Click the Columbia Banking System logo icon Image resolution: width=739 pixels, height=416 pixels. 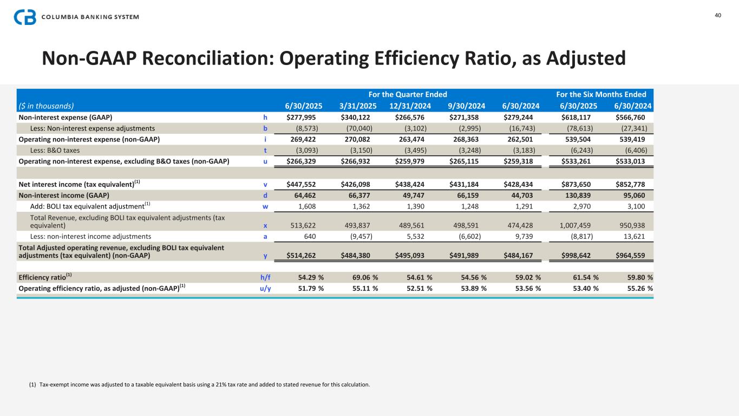tap(25, 17)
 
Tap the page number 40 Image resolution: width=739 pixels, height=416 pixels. tap(718, 15)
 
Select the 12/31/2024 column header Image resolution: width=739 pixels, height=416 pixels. tap(410, 106)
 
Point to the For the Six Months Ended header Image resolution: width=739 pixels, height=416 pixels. tap(601, 94)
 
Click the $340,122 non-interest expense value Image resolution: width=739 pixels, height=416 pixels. tap(359, 117)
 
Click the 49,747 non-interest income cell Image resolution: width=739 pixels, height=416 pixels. tap(418, 195)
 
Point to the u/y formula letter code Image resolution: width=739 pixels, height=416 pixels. tap(265, 288)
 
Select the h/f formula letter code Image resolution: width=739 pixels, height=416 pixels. tap(265, 277)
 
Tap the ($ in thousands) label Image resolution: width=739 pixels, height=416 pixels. tap(46, 106)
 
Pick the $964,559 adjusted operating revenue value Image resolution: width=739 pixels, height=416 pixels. tap(635, 255)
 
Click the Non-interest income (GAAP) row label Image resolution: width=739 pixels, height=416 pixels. tap(64, 195)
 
